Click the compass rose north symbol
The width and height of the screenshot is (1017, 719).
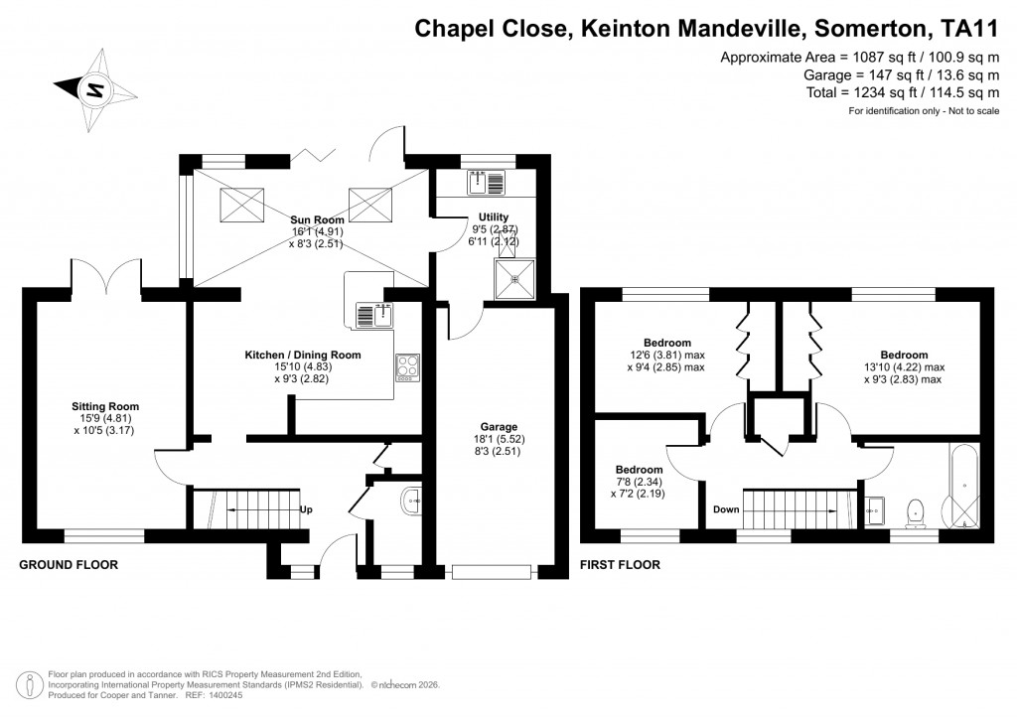point(95,89)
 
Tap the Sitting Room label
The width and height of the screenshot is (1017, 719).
point(104,406)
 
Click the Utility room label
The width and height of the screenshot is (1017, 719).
point(494,216)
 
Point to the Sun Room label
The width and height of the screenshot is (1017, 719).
point(318,219)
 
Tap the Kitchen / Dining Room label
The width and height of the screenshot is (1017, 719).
point(303,355)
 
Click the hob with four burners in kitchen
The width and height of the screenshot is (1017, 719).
point(408,367)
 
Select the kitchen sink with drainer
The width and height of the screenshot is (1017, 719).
point(375,316)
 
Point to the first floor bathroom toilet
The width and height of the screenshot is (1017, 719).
point(918,511)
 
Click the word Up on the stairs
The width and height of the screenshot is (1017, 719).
point(306,510)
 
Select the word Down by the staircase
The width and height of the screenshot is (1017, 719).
point(726,509)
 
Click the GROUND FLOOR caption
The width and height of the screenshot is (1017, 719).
point(69,565)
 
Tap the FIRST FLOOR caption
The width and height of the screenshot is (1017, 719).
point(620,565)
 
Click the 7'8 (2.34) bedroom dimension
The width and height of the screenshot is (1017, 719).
point(638,482)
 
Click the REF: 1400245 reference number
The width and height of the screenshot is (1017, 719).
point(217,694)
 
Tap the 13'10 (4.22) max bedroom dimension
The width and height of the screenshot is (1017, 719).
point(904,366)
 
